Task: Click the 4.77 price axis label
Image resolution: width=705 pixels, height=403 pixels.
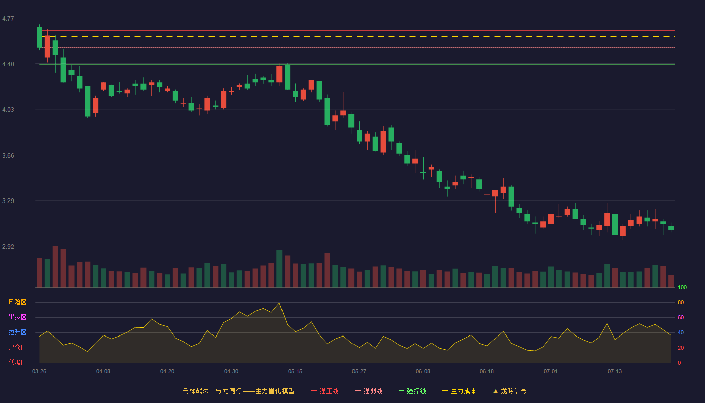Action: click(8, 19)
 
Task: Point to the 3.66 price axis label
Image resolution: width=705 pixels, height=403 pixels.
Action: click(8, 156)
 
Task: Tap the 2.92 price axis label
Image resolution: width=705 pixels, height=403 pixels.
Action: click(8, 246)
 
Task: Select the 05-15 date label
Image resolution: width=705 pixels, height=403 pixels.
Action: click(295, 372)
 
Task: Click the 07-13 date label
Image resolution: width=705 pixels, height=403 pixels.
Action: click(615, 372)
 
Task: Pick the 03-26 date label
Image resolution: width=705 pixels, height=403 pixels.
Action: click(39, 372)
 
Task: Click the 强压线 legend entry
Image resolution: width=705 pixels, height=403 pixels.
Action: click(325, 391)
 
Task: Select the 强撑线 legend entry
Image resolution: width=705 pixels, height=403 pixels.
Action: click(412, 391)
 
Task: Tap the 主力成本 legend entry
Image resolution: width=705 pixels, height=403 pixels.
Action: click(459, 391)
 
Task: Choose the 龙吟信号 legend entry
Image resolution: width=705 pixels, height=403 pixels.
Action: click(510, 391)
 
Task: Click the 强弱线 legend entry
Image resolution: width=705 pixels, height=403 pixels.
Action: click(369, 391)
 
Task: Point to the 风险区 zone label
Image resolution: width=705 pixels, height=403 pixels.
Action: click(17, 302)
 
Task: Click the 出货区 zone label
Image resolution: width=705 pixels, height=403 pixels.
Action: click(17, 317)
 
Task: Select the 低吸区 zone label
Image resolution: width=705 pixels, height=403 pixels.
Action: click(17, 362)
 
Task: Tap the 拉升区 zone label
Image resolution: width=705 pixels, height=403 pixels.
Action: click(17, 332)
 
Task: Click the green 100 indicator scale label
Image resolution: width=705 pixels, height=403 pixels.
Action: click(682, 287)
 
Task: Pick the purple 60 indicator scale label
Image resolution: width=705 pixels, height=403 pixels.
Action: click(681, 317)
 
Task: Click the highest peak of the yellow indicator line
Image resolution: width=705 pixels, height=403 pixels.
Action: click(279, 303)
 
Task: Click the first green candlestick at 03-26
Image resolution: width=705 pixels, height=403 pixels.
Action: click(39, 37)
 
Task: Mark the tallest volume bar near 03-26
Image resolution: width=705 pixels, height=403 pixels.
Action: click(55, 266)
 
